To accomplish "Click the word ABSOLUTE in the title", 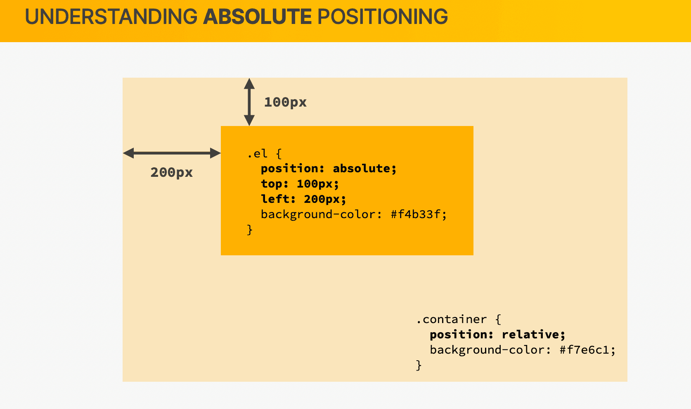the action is point(257,17).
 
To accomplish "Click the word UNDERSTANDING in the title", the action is point(111,17).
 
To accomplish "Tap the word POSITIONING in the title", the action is point(383,17).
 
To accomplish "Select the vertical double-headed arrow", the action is point(249,102).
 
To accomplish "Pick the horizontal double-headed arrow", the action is point(172,153).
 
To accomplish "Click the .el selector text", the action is point(257,153).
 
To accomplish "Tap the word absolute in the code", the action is point(362,169).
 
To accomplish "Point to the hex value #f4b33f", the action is point(416,214).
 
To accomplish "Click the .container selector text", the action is point(451,319).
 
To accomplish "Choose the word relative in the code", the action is point(530,335).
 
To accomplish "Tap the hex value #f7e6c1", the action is point(585,350).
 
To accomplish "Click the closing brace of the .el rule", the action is point(250,230).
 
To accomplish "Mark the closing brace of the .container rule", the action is point(419,365).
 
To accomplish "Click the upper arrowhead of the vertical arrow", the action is point(249,83).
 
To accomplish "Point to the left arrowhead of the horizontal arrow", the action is point(128,153).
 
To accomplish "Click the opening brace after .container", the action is point(498,319).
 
